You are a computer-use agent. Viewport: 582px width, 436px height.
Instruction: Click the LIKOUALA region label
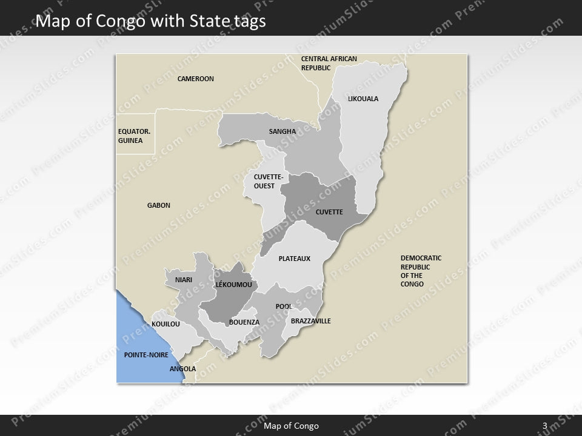click(x=363, y=98)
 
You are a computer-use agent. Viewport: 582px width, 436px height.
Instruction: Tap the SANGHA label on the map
click(x=283, y=131)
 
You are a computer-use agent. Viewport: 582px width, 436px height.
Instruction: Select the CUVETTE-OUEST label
click(x=264, y=182)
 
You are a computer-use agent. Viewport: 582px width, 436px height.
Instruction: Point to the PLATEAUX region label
click(x=294, y=259)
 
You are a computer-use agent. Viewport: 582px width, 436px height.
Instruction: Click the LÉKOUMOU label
click(x=233, y=284)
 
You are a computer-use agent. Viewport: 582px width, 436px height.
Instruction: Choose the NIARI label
click(x=183, y=280)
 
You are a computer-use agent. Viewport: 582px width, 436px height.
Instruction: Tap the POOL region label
click(x=284, y=306)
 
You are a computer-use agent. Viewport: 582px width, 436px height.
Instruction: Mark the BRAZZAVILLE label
click(x=311, y=321)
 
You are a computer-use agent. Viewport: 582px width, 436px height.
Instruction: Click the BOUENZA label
click(x=244, y=322)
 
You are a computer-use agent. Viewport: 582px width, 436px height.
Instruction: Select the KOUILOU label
click(x=166, y=325)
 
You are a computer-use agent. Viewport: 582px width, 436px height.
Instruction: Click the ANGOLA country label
click(x=182, y=368)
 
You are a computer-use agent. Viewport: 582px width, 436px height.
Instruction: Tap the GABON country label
click(x=159, y=205)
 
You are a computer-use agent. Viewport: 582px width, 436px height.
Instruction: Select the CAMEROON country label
click(x=195, y=79)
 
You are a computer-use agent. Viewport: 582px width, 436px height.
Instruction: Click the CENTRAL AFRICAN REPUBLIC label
click(x=329, y=63)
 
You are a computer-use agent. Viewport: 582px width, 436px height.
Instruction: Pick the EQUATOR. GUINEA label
click(x=130, y=136)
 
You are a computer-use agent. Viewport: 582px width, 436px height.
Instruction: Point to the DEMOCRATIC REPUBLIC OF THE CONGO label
click(x=421, y=271)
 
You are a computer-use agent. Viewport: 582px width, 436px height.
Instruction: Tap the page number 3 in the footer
click(x=545, y=426)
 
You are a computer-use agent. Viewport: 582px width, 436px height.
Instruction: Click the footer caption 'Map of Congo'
click(x=291, y=426)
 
